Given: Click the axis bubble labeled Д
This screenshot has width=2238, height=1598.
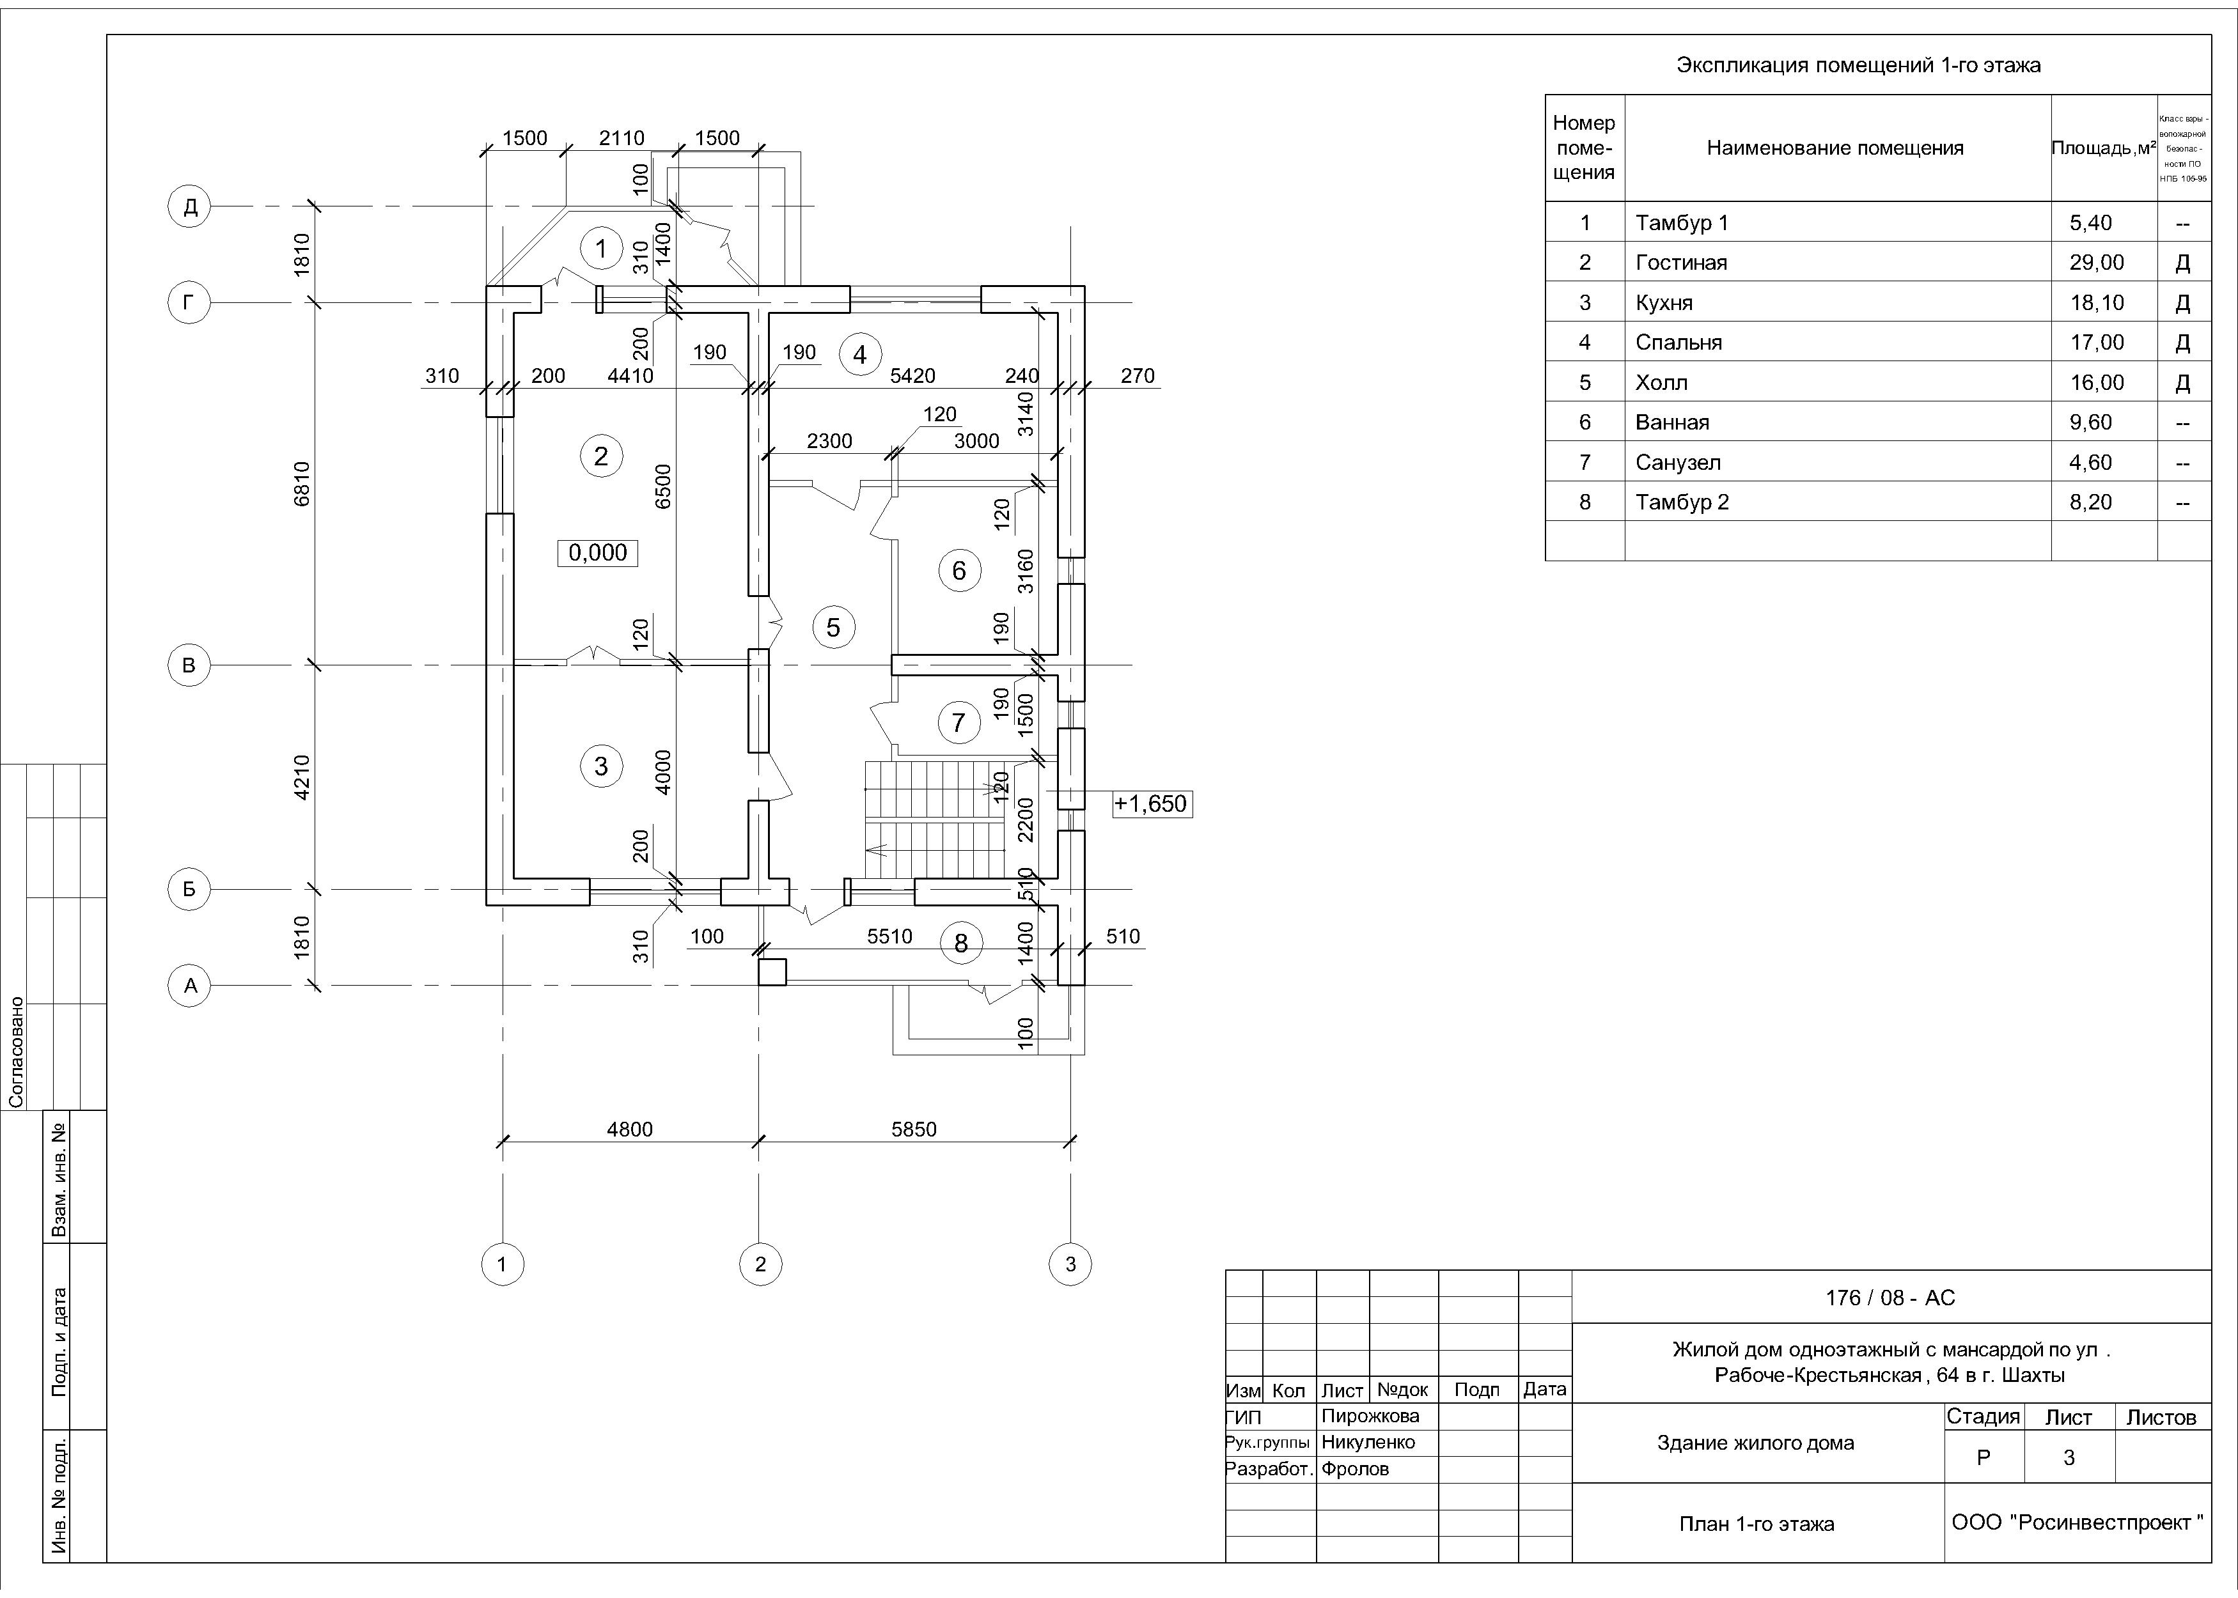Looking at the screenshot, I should pyautogui.click(x=190, y=206).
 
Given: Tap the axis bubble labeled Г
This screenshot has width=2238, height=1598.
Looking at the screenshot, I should pyautogui.click(x=189, y=303).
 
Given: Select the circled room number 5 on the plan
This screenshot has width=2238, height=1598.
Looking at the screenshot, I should pyautogui.click(x=834, y=627).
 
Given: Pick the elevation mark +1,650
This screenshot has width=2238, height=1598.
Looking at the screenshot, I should pyautogui.click(x=1150, y=804).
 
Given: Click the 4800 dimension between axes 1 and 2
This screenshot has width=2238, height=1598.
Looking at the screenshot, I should pyautogui.click(x=629, y=1129).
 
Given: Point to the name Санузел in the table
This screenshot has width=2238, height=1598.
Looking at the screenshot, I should pyautogui.click(x=1678, y=463).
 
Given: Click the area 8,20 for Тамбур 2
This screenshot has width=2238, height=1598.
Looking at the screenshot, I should pyautogui.click(x=2090, y=503).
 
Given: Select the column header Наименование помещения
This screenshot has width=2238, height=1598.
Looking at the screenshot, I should pyautogui.click(x=1835, y=148).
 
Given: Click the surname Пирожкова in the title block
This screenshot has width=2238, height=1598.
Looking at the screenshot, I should pyautogui.click(x=1370, y=1416).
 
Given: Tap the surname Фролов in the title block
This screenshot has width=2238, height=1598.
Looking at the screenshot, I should pyautogui.click(x=1355, y=1469).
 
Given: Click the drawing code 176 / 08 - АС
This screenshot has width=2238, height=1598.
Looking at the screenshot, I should pyautogui.click(x=1890, y=1298).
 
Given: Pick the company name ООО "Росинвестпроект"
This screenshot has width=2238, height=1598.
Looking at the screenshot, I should pyautogui.click(x=2077, y=1522).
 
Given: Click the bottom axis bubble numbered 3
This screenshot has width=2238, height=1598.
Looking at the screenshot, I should pyautogui.click(x=1071, y=1264).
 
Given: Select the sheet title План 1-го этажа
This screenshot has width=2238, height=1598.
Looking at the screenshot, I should pyautogui.click(x=1756, y=1524).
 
